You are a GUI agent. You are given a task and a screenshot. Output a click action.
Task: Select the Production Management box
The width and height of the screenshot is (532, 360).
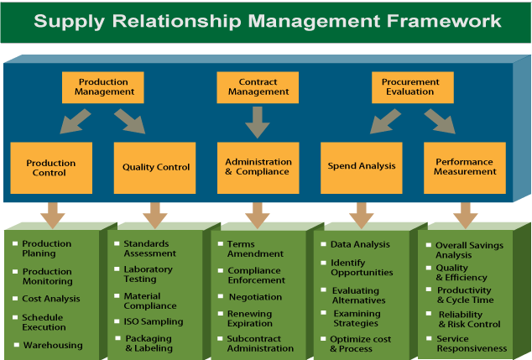pyautogui.click(x=102, y=87)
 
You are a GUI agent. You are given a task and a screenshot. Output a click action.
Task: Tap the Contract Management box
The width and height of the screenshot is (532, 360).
pyautogui.click(x=258, y=87)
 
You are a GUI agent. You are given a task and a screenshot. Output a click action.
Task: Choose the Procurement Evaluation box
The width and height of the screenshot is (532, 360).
pyautogui.click(x=411, y=87)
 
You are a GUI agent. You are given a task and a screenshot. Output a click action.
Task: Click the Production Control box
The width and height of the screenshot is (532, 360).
pyautogui.click(x=51, y=168)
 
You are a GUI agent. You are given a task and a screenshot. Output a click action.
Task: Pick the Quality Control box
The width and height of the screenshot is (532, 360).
pyautogui.click(x=155, y=167)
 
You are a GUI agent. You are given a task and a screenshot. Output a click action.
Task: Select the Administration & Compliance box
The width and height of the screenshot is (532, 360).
pyautogui.click(x=258, y=167)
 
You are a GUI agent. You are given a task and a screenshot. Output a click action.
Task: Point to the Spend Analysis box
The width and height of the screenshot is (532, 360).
pyautogui.click(x=360, y=167)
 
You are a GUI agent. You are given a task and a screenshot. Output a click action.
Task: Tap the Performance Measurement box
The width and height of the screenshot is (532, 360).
pyautogui.click(x=464, y=167)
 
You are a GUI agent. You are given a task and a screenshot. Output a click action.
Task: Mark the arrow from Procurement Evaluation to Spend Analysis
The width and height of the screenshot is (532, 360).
pyautogui.click(x=386, y=122)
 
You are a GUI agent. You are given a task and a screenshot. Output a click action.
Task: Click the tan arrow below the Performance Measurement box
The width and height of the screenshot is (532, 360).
pyautogui.click(x=465, y=215)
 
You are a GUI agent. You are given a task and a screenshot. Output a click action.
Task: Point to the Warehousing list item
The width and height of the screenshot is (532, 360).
pyautogui.click(x=52, y=345)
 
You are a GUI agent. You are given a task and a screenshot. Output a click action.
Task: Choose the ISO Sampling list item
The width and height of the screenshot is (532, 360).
pyautogui.click(x=154, y=321)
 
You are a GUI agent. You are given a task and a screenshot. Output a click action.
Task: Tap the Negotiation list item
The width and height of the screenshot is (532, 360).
pyautogui.click(x=255, y=297)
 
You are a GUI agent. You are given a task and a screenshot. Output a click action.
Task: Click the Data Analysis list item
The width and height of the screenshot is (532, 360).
pyautogui.click(x=360, y=244)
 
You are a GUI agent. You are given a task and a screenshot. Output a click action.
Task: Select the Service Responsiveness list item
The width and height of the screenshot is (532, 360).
pyautogui.click(x=471, y=343)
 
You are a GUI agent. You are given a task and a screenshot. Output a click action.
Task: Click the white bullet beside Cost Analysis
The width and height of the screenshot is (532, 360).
pyautogui.click(x=15, y=298)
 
